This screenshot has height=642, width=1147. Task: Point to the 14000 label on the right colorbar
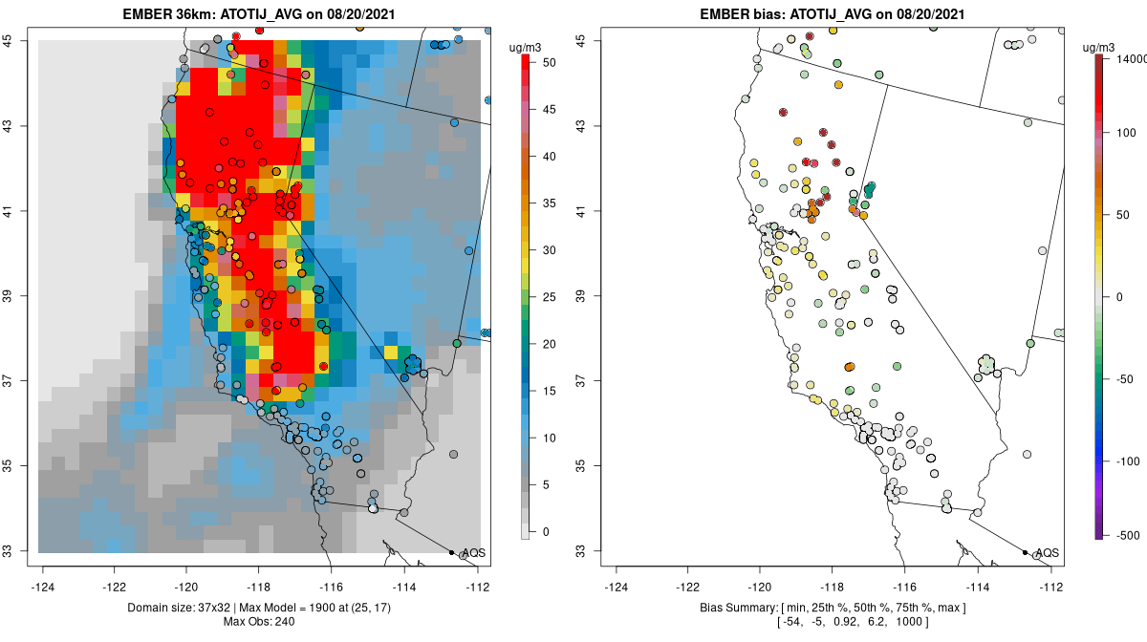1124,59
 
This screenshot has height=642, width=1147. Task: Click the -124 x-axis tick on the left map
43,587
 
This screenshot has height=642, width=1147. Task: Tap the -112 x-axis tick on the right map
1051,587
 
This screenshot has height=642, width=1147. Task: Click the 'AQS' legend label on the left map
474,553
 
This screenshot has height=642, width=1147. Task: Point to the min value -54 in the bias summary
792,623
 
